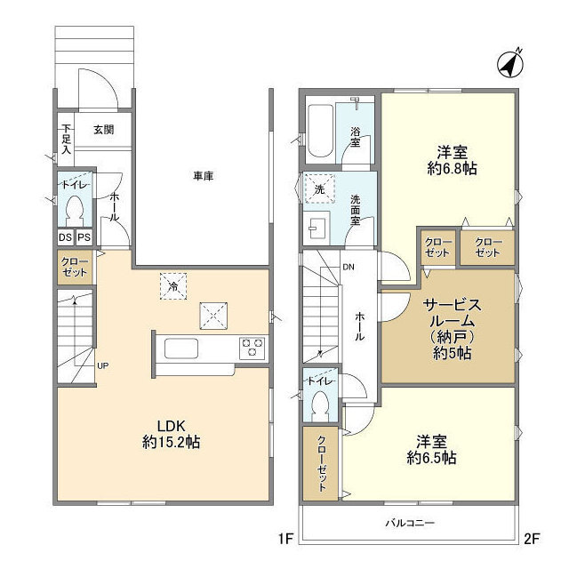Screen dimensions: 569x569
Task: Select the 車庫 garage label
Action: coord(203,176)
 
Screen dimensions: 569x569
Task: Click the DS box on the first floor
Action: coord(65,237)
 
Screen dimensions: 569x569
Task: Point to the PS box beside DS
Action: coord(84,237)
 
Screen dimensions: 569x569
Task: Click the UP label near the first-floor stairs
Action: coord(102,365)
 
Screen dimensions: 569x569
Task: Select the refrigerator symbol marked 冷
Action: coord(174,286)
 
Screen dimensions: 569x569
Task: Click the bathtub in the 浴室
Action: coord(318,130)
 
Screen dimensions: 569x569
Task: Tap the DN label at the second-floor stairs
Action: coord(349,266)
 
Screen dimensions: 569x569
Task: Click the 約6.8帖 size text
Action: coord(450,166)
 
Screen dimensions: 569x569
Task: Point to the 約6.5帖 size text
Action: coord(431,457)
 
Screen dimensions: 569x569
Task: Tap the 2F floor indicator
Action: coord(532,537)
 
